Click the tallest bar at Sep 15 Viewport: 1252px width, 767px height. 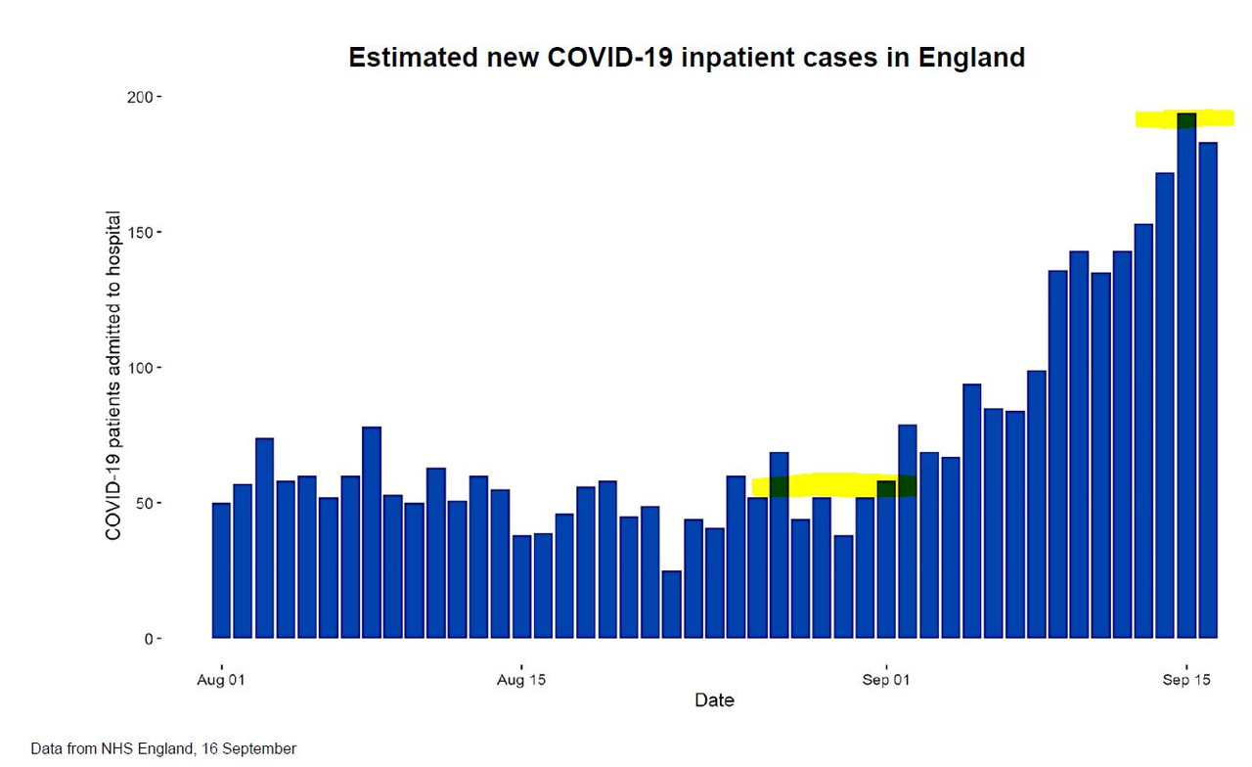pyautogui.click(x=1186, y=382)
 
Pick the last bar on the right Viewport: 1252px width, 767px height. pyautogui.click(x=1208, y=391)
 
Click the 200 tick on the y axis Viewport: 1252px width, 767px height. pyautogui.click(x=143, y=98)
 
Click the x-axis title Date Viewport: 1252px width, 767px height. pyautogui.click(x=714, y=700)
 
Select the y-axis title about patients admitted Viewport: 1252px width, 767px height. pyautogui.click(x=113, y=375)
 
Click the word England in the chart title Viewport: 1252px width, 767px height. pyautogui.click(x=971, y=58)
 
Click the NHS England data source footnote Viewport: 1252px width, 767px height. pyautogui.click(x=163, y=748)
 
